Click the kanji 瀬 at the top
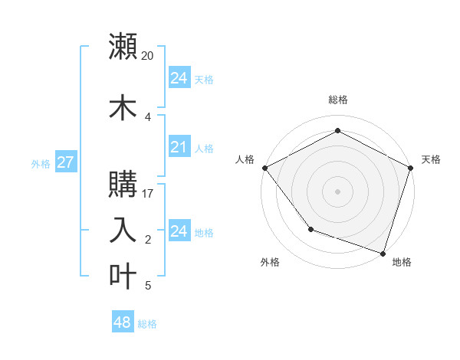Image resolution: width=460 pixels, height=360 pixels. (x=123, y=47)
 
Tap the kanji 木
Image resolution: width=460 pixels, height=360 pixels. (x=123, y=108)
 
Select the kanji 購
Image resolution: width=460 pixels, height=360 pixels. (x=123, y=185)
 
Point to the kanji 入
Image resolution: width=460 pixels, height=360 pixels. (x=123, y=231)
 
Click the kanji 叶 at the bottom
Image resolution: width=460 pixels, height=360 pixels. (x=123, y=277)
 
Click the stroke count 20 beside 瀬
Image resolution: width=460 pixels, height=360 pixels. (x=148, y=55)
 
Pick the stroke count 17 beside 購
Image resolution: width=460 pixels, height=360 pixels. (x=148, y=193)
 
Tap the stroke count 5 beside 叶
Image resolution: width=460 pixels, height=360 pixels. (x=148, y=286)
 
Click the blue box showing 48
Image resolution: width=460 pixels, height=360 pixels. (x=123, y=322)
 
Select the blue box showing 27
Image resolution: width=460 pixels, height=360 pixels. (x=66, y=162)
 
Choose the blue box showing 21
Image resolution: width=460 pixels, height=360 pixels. (x=179, y=148)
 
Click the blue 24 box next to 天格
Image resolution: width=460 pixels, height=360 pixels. (x=179, y=78)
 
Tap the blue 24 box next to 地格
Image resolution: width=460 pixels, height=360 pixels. (x=179, y=231)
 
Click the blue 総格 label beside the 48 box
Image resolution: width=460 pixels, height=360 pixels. (x=147, y=324)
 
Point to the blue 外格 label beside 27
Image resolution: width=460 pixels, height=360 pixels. (x=41, y=163)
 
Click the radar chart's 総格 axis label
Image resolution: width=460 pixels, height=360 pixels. (x=337, y=100)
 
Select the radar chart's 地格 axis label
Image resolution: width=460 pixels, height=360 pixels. (x=402, y=262)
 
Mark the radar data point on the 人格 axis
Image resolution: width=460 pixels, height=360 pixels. (x=264, y=168)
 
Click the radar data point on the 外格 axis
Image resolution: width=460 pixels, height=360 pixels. (x=310, y=228)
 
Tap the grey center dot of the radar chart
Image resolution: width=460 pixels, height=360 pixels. (x=337, y=191)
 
